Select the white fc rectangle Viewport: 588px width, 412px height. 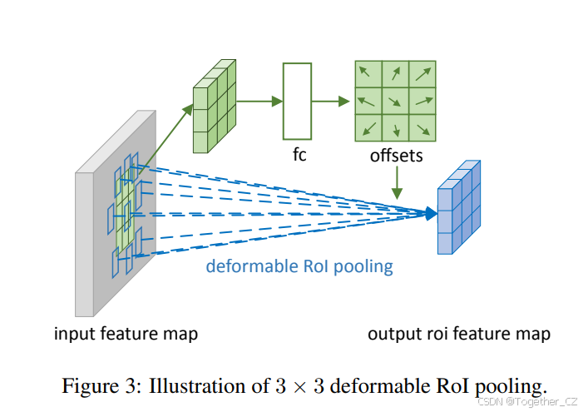coord(296,102)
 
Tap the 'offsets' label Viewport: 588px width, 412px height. coord(396,156)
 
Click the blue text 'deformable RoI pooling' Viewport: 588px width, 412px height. coord(299,266)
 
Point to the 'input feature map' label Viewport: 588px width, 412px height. coord(126,334)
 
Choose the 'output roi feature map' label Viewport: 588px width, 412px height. coord(459,334)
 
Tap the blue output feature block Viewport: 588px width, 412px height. coord(458,209)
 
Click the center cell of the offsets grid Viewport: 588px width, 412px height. coord(396,102)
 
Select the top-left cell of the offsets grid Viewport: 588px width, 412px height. coord(368,74)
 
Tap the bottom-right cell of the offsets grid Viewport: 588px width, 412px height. coord(423,128)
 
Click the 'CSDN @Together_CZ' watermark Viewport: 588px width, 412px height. coord(526,400)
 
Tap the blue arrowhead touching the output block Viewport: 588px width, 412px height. coord(429,214)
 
